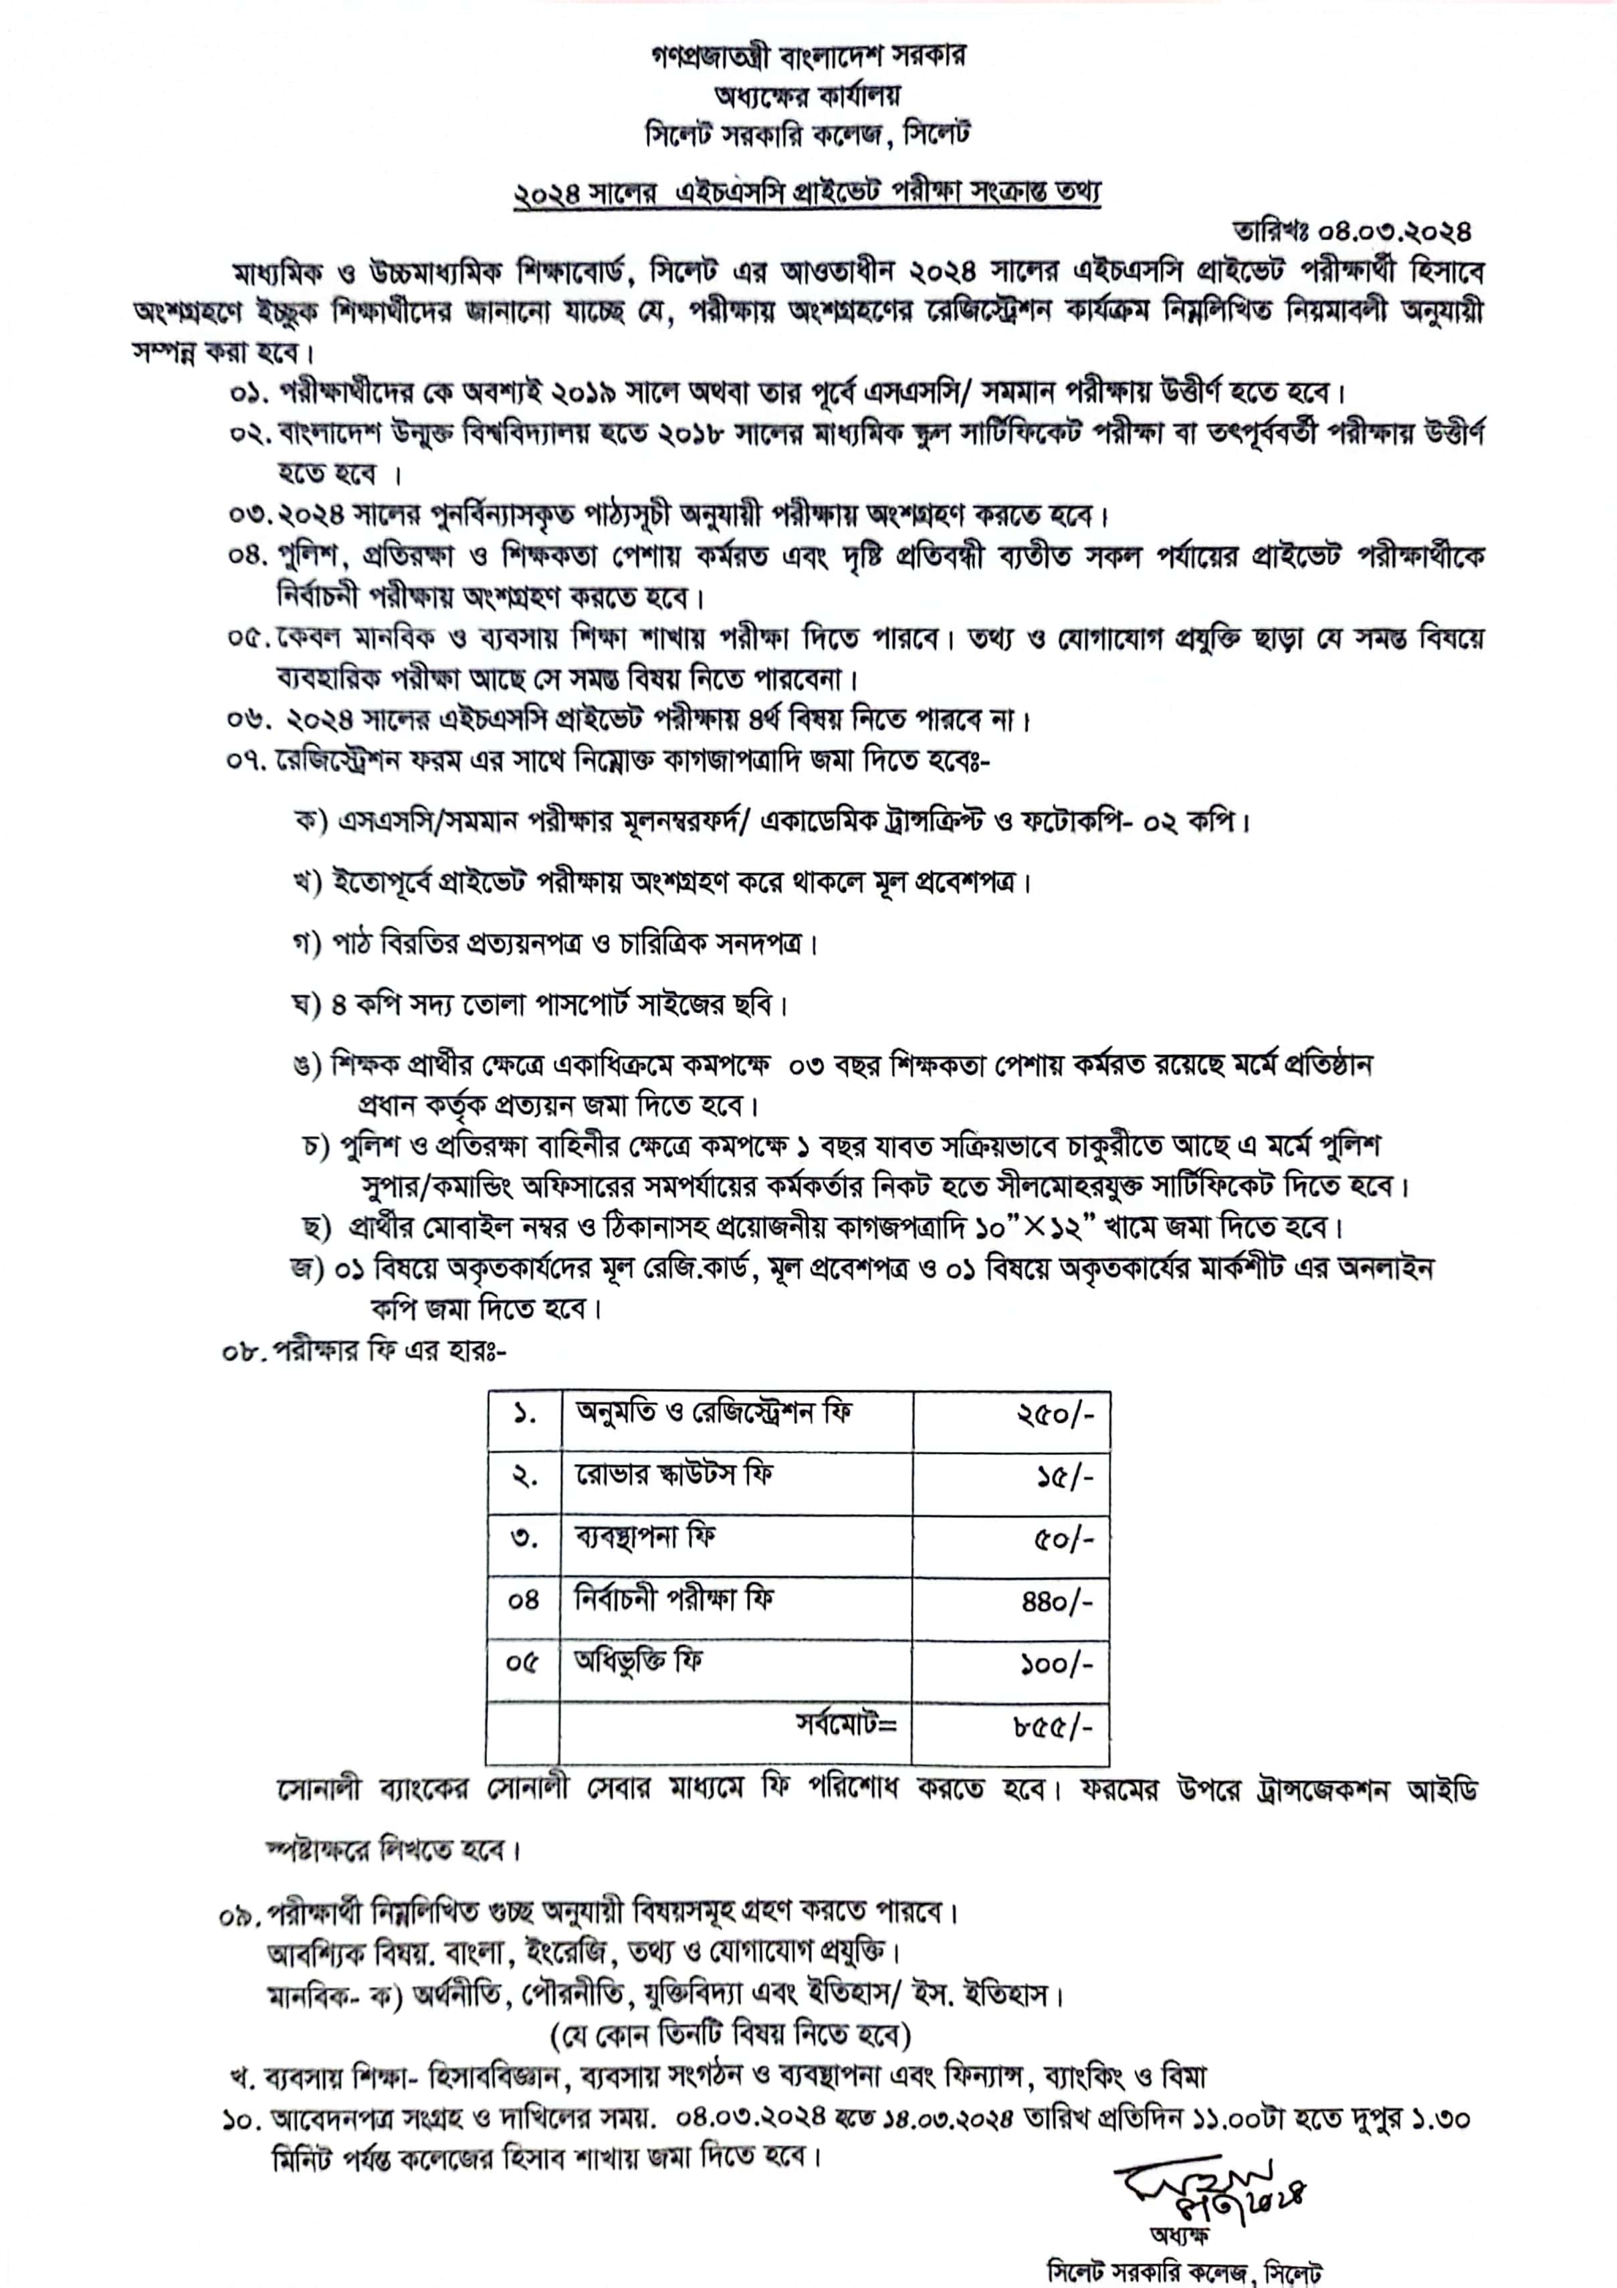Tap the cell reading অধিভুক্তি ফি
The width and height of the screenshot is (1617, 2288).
(x=639, y=1661)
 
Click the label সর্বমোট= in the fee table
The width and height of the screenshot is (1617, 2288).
(x=846, y=1723)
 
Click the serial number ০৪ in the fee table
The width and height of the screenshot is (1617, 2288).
(x=523, y=1600)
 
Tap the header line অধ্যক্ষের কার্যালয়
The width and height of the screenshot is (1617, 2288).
(x=807, y=96)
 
